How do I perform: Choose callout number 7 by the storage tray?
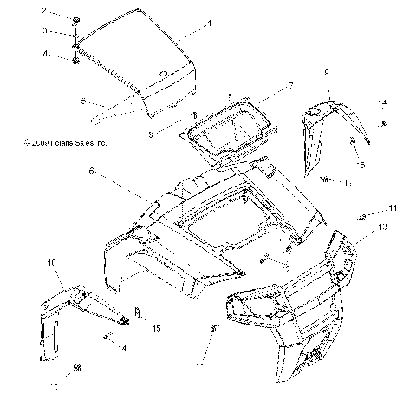291,84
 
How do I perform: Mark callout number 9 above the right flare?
327,73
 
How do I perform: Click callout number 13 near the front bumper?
382,226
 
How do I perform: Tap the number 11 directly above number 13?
391,208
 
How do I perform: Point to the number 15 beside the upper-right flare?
361,164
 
